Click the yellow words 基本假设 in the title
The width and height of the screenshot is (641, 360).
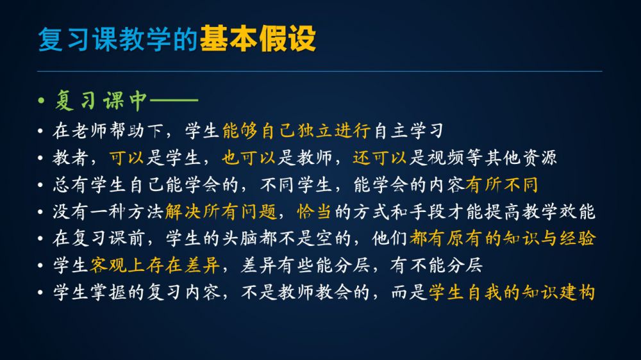(x=258, y=39)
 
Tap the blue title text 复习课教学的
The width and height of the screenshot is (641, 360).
(x=118, y=39)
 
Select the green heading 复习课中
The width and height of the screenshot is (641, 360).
(x=101, y=100)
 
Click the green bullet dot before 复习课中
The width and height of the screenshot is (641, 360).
(x=41, y=100)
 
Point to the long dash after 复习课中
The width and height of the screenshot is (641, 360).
(x=174, y=100)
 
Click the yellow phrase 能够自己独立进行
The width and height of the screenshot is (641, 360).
(x=296, y=131)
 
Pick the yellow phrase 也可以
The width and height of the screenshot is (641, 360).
(x=249, y=158)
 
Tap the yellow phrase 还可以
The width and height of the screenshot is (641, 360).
(x=379, y=158)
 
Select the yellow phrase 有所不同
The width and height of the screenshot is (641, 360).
(x=502, y=184)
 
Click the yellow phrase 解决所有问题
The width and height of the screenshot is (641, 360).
(x=221, y=211)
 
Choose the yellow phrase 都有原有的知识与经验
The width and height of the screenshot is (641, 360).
(x=502, y=238)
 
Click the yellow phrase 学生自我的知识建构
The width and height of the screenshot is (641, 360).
(x=512, y=292)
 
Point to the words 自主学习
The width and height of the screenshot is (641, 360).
(x=408, y=131)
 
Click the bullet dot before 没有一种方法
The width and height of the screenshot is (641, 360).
(x=40, y=212)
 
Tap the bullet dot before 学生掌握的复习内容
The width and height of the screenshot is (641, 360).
(x=40, y=293)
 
